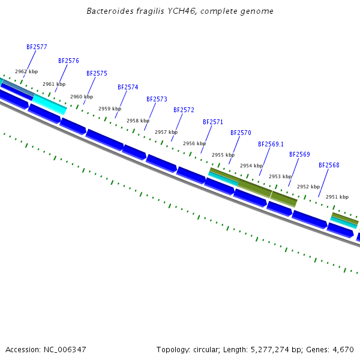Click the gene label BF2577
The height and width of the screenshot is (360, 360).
coord(37,47)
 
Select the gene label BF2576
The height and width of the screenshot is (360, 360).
coord(68,61)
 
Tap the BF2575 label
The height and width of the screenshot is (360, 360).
coord(97,73)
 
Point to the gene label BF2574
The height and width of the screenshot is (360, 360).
coord(128,87)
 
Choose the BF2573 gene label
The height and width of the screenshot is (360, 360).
coord(157,99)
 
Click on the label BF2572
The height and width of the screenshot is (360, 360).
coord(184,110)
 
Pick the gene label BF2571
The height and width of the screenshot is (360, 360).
coord(213,122)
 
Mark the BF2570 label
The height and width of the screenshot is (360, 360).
coord(241,133)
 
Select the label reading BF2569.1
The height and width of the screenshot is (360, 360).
coord(271,144)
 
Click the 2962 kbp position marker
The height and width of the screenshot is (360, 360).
coord(26,71)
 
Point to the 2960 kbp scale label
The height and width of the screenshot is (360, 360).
coord(82,97)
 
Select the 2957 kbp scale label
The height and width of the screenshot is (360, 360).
coord(166,132)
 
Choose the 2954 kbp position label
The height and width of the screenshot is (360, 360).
coord(251,166)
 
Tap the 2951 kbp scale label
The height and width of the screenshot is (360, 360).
coord(337,197)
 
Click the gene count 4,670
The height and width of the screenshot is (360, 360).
coord(343,349)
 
